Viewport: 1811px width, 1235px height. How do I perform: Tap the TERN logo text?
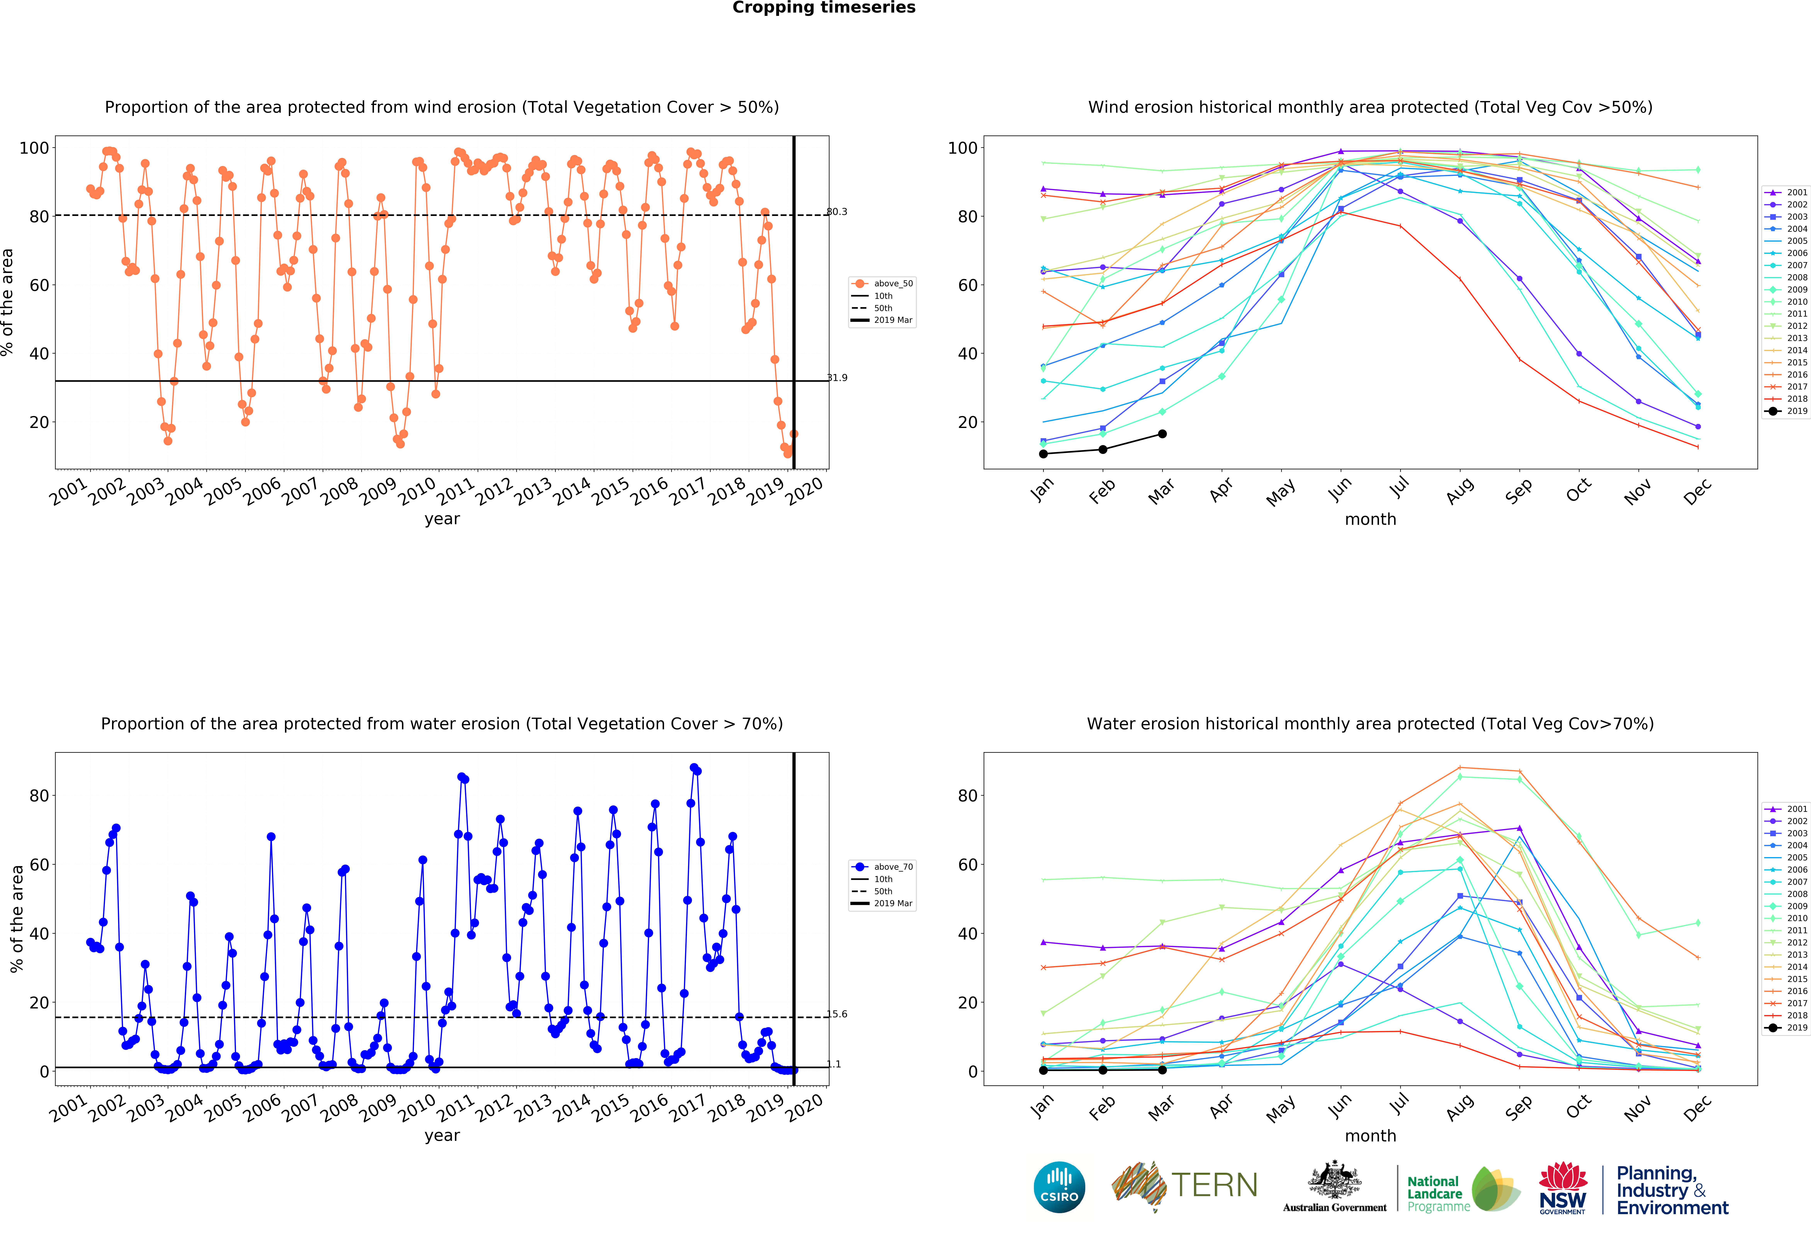pos(1214,1185)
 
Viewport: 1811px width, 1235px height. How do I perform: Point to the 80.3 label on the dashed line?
pos(837,211)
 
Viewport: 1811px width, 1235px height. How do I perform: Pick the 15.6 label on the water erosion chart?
pos(837,1014)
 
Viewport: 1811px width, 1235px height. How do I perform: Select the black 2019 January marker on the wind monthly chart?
pos(1043,454)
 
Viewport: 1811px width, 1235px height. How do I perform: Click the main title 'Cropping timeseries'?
pos(824,8)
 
